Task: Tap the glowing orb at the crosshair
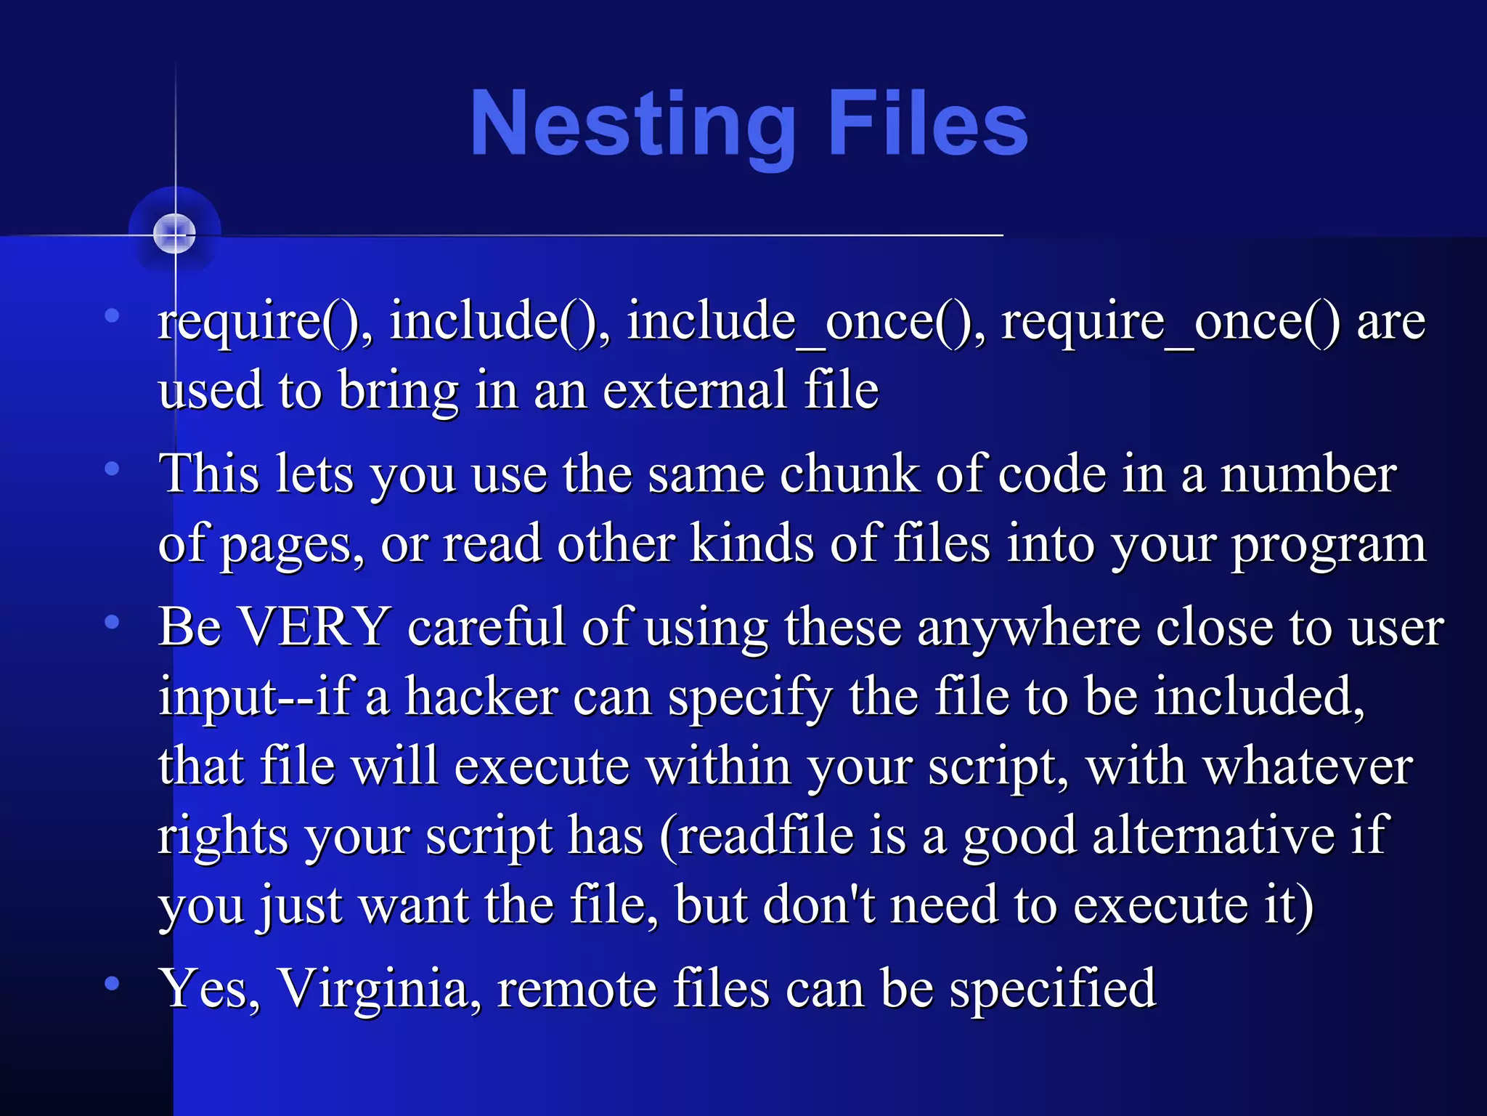click(175, 233)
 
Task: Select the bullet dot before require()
click(112, 315)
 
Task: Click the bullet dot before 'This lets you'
click(112, 469)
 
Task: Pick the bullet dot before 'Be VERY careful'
click(112, 622)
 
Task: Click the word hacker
click(481, 696)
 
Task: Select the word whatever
click(1308, 766)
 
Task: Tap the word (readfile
click(756, 836)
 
